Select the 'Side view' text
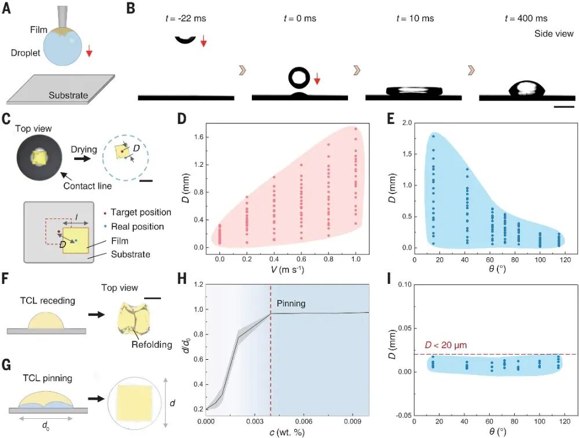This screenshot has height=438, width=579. [554, 34]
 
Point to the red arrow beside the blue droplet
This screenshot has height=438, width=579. [89, 53]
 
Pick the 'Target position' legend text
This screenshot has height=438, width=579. [141, 213]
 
